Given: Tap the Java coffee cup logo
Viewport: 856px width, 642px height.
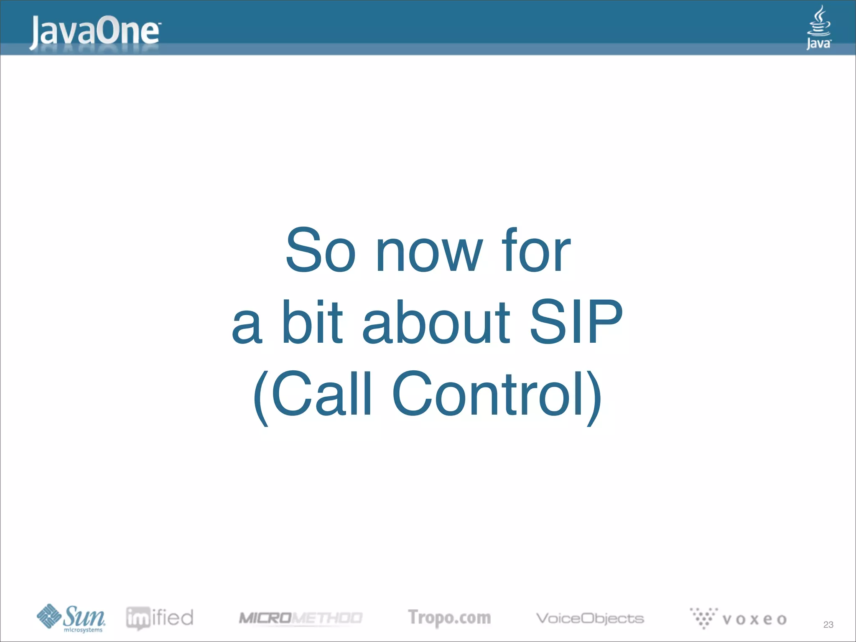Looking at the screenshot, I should click(x=818, y=28).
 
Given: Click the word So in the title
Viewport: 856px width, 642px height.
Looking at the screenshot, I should click(x=320, y=251).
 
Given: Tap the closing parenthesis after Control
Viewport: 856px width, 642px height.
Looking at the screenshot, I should click(x=594, y=397).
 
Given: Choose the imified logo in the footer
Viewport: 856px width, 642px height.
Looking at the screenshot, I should click(x=160, y=618).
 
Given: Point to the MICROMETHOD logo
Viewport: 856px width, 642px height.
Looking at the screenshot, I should click(x=300, y=618).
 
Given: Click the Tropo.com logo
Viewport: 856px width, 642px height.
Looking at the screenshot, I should click(x=449, y=618).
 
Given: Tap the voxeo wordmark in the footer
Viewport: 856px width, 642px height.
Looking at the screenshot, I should click(x=754, y=619).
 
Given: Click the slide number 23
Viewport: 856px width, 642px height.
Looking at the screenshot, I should click(x=828, y=624).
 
